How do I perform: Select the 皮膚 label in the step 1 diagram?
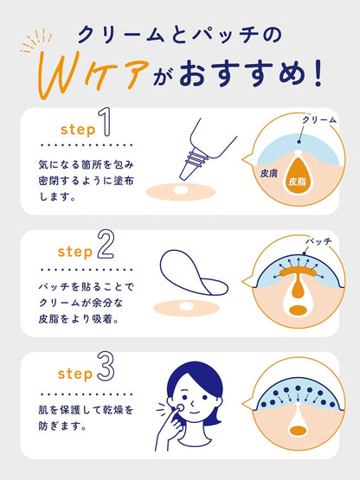point(268,172)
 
